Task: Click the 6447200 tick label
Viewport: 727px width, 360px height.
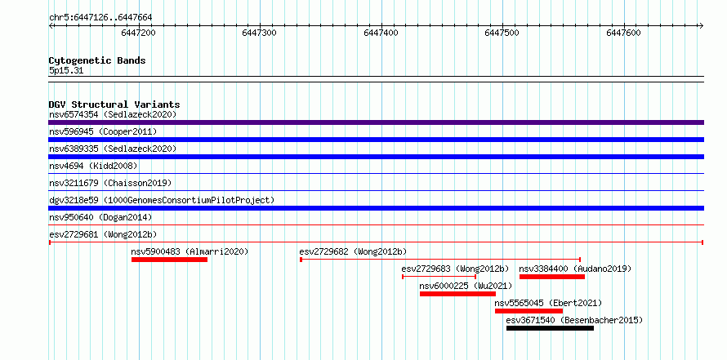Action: (138, 33)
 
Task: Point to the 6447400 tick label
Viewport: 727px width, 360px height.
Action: (381, 33)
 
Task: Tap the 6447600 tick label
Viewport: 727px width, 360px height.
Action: (623, 33)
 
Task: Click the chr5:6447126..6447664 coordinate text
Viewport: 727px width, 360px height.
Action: (100, 18)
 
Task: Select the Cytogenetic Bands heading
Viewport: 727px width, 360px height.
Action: (97, 60)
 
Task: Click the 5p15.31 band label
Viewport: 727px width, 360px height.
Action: (66, 71)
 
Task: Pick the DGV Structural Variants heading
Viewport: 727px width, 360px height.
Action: (114, 104)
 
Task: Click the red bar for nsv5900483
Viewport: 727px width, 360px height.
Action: (169, 260)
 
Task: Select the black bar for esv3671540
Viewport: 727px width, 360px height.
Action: (550, 328)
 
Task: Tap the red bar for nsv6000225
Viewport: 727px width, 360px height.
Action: (457, 294)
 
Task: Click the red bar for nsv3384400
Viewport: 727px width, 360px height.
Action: (551, 277)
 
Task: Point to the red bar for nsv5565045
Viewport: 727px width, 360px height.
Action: (529, 311)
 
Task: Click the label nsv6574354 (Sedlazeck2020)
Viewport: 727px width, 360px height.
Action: (113, 114)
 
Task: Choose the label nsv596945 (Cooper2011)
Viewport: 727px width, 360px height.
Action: (103, 131)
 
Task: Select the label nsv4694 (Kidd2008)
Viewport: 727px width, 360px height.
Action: (93, 166)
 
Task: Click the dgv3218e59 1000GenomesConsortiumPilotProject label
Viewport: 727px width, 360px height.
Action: (162, 200)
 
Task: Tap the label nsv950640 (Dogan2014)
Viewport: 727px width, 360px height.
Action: (100, 217)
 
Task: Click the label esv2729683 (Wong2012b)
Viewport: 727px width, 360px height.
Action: (455, 269)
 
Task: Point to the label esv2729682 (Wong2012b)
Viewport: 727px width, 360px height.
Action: (353, 251)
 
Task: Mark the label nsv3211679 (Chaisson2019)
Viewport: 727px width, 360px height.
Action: (110, 183)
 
